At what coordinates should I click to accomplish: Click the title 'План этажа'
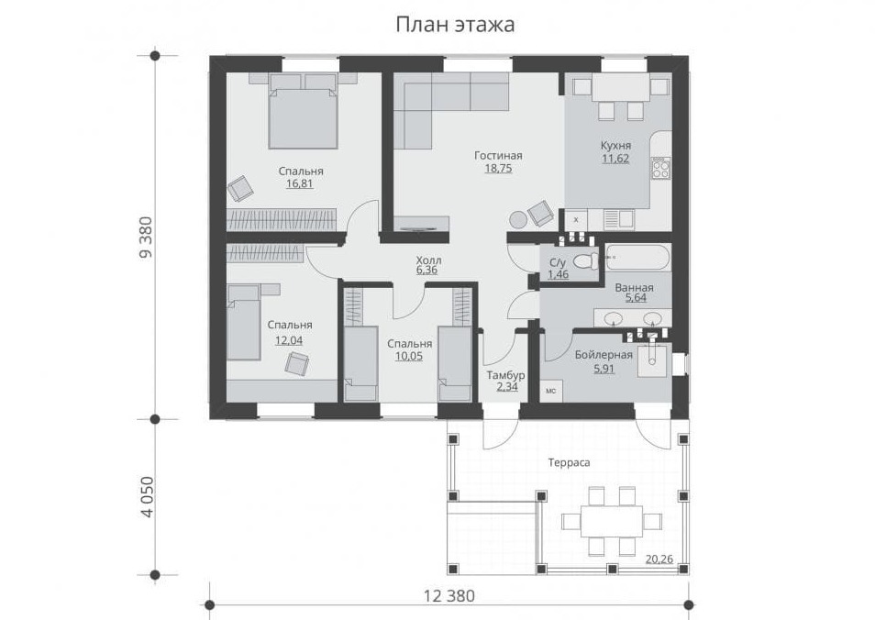tap(455, 25)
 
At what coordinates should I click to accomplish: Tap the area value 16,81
tap(300, 183)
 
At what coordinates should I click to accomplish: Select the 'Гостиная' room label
tap(498, 156)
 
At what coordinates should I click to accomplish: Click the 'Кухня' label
tap(615, 146)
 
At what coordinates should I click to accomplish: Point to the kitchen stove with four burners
tap(660, 169)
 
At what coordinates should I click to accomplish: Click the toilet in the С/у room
tap(586, 260)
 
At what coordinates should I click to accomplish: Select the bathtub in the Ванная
tap(637, 258)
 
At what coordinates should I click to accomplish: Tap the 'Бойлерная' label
tap(604, 355)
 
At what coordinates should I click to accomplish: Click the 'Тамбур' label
tap(505, 375)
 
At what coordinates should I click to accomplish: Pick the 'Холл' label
tap(428, 260)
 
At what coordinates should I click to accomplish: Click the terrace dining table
tap(612, 521)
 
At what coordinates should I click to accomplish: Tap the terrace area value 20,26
tap(659, 559)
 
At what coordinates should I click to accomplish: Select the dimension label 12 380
tap(449, 596)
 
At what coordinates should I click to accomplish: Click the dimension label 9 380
tap(145, 238)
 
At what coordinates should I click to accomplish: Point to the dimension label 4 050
tap(146, 497)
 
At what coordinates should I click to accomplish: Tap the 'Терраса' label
tap(569, 462)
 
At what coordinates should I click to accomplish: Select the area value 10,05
tap(409, 356)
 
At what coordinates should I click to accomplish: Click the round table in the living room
tap(517, 219)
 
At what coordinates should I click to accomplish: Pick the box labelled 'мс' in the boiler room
tap(551, 392)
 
